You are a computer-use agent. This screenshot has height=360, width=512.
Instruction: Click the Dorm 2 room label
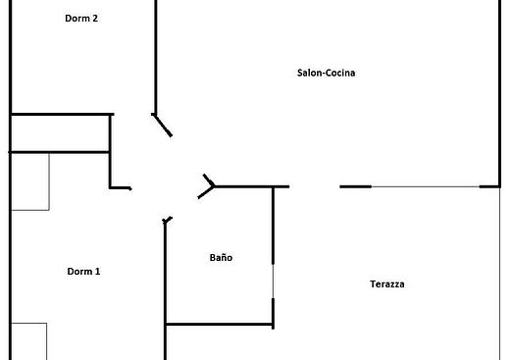click(x=81, y=19)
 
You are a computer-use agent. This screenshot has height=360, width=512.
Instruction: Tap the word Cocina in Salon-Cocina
click(x=340, y=73)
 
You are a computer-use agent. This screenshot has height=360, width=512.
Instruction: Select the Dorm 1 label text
click(x=83, y=272)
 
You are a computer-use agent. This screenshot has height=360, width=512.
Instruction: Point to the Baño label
click(x=221, y=257)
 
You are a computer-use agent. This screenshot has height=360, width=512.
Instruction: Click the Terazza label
click(x=387, y=284)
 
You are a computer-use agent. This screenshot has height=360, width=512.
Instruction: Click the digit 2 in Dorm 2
click(x=95, y=19)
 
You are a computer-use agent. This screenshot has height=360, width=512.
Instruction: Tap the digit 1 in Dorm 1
click(x=97, y=272)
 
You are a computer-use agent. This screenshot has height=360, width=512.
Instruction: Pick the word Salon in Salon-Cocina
click(x=309, y=73)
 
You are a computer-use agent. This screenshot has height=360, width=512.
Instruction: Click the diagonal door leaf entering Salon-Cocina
click(x=162, y=125)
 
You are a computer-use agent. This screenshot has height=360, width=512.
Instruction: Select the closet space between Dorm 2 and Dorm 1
click(x=60, y=133)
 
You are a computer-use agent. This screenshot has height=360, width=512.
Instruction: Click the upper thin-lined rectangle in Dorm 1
click(x=30, y=181)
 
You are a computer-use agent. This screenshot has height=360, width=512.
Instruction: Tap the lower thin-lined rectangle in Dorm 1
click(x=29, y=341)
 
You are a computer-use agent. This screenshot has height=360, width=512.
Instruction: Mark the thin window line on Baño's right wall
click(x=274, y=281)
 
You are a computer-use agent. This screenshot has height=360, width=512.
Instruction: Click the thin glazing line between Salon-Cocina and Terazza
click(x=426, y=186)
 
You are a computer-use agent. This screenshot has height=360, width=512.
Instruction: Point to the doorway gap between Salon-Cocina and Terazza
click(x=315, y=186)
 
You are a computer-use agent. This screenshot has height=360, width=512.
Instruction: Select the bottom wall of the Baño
click(x=220, y=325)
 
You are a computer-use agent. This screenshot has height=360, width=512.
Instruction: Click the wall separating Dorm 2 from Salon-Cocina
click(x=156, y=57)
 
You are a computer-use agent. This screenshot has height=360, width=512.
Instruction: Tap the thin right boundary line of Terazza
click(x=500, y=274)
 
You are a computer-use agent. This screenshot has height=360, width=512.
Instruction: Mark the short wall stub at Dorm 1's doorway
click(x=121, y=188)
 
